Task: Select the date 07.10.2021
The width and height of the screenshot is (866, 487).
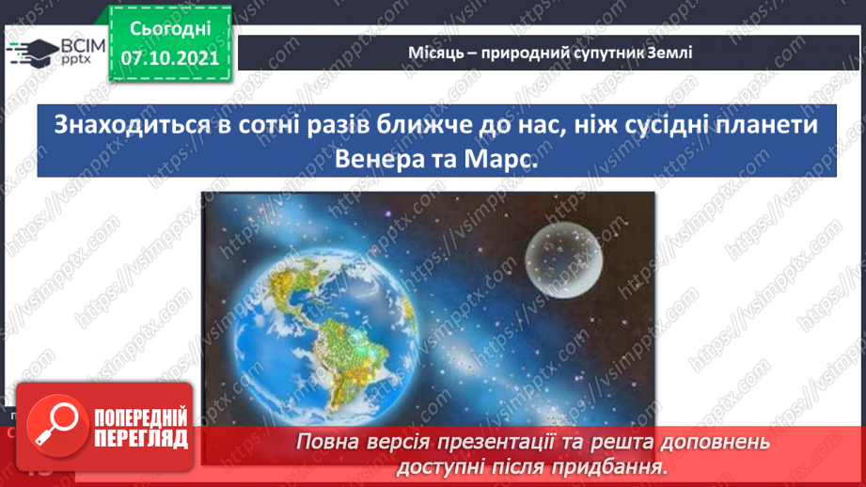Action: pos(169,58)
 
